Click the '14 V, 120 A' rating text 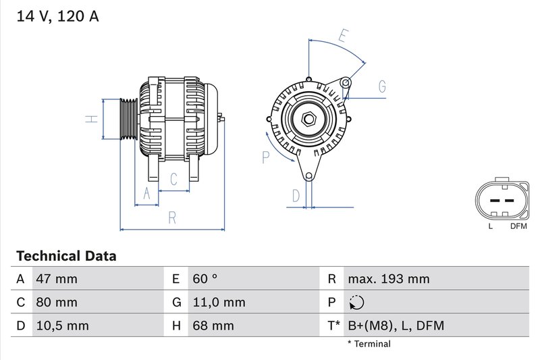click(58, 17)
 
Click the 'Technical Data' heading click(66, 256)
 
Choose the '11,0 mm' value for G click(219, 303)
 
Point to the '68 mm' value click(213, 326)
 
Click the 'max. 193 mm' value click(388, 279)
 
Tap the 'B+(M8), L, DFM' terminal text click(396, 326)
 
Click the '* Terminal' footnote click(369, 344)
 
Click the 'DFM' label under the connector click(518, 226)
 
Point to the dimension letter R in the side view click(172, 217)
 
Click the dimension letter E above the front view click(343, 36)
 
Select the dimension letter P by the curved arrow click(266, 157)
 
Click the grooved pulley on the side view click(128, 119)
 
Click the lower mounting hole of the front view click(309, 176)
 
